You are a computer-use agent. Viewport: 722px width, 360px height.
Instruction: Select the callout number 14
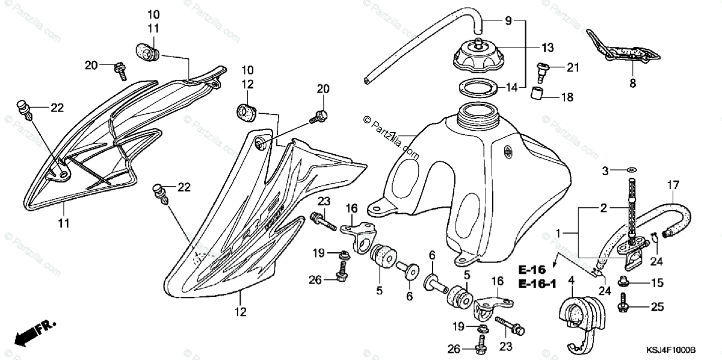511,87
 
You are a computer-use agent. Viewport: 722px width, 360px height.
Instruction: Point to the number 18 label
567,97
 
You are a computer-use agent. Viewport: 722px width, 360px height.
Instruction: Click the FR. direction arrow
33,333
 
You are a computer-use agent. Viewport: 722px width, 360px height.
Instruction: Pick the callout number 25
656,308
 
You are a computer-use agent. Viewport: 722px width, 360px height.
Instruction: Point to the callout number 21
572,67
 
